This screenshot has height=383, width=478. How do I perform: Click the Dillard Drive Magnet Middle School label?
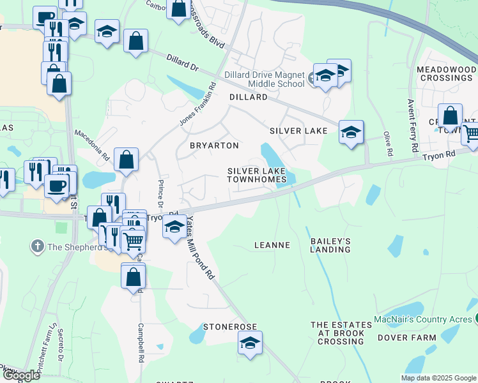(x=265, y=79)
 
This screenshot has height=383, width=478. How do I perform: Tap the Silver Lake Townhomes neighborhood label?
(x=257, y=175)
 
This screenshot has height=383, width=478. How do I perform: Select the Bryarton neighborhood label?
(x=214, y=146)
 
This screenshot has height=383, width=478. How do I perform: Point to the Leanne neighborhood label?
(x=272, y=244)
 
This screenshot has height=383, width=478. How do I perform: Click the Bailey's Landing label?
(x=330, y=244)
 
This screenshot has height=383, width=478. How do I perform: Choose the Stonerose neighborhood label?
(x=230, y=326)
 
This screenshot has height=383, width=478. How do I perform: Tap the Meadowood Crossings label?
(x=445, y=73)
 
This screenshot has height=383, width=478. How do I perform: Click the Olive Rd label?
(x=387, y=144)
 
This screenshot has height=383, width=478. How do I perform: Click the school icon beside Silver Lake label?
(x=350, y=132)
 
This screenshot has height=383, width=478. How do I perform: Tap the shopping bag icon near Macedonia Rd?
(x=127, y=160)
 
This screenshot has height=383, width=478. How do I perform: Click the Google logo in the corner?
(x=21, y=375)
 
